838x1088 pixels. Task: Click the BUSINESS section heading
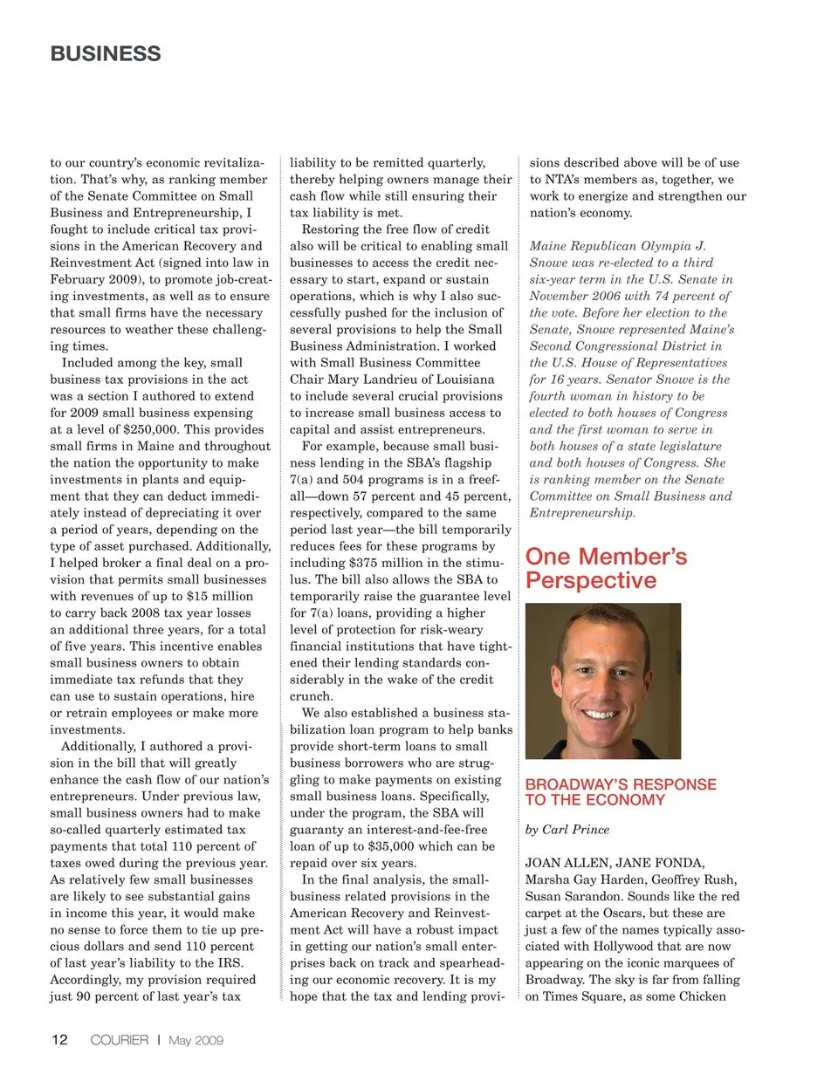pos(106,54)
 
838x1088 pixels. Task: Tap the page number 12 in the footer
pos(59,1040)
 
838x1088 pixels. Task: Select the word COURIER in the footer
pos(120,1040)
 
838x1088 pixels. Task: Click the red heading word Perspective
pos(591,581)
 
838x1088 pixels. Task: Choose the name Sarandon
pos(587,896)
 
